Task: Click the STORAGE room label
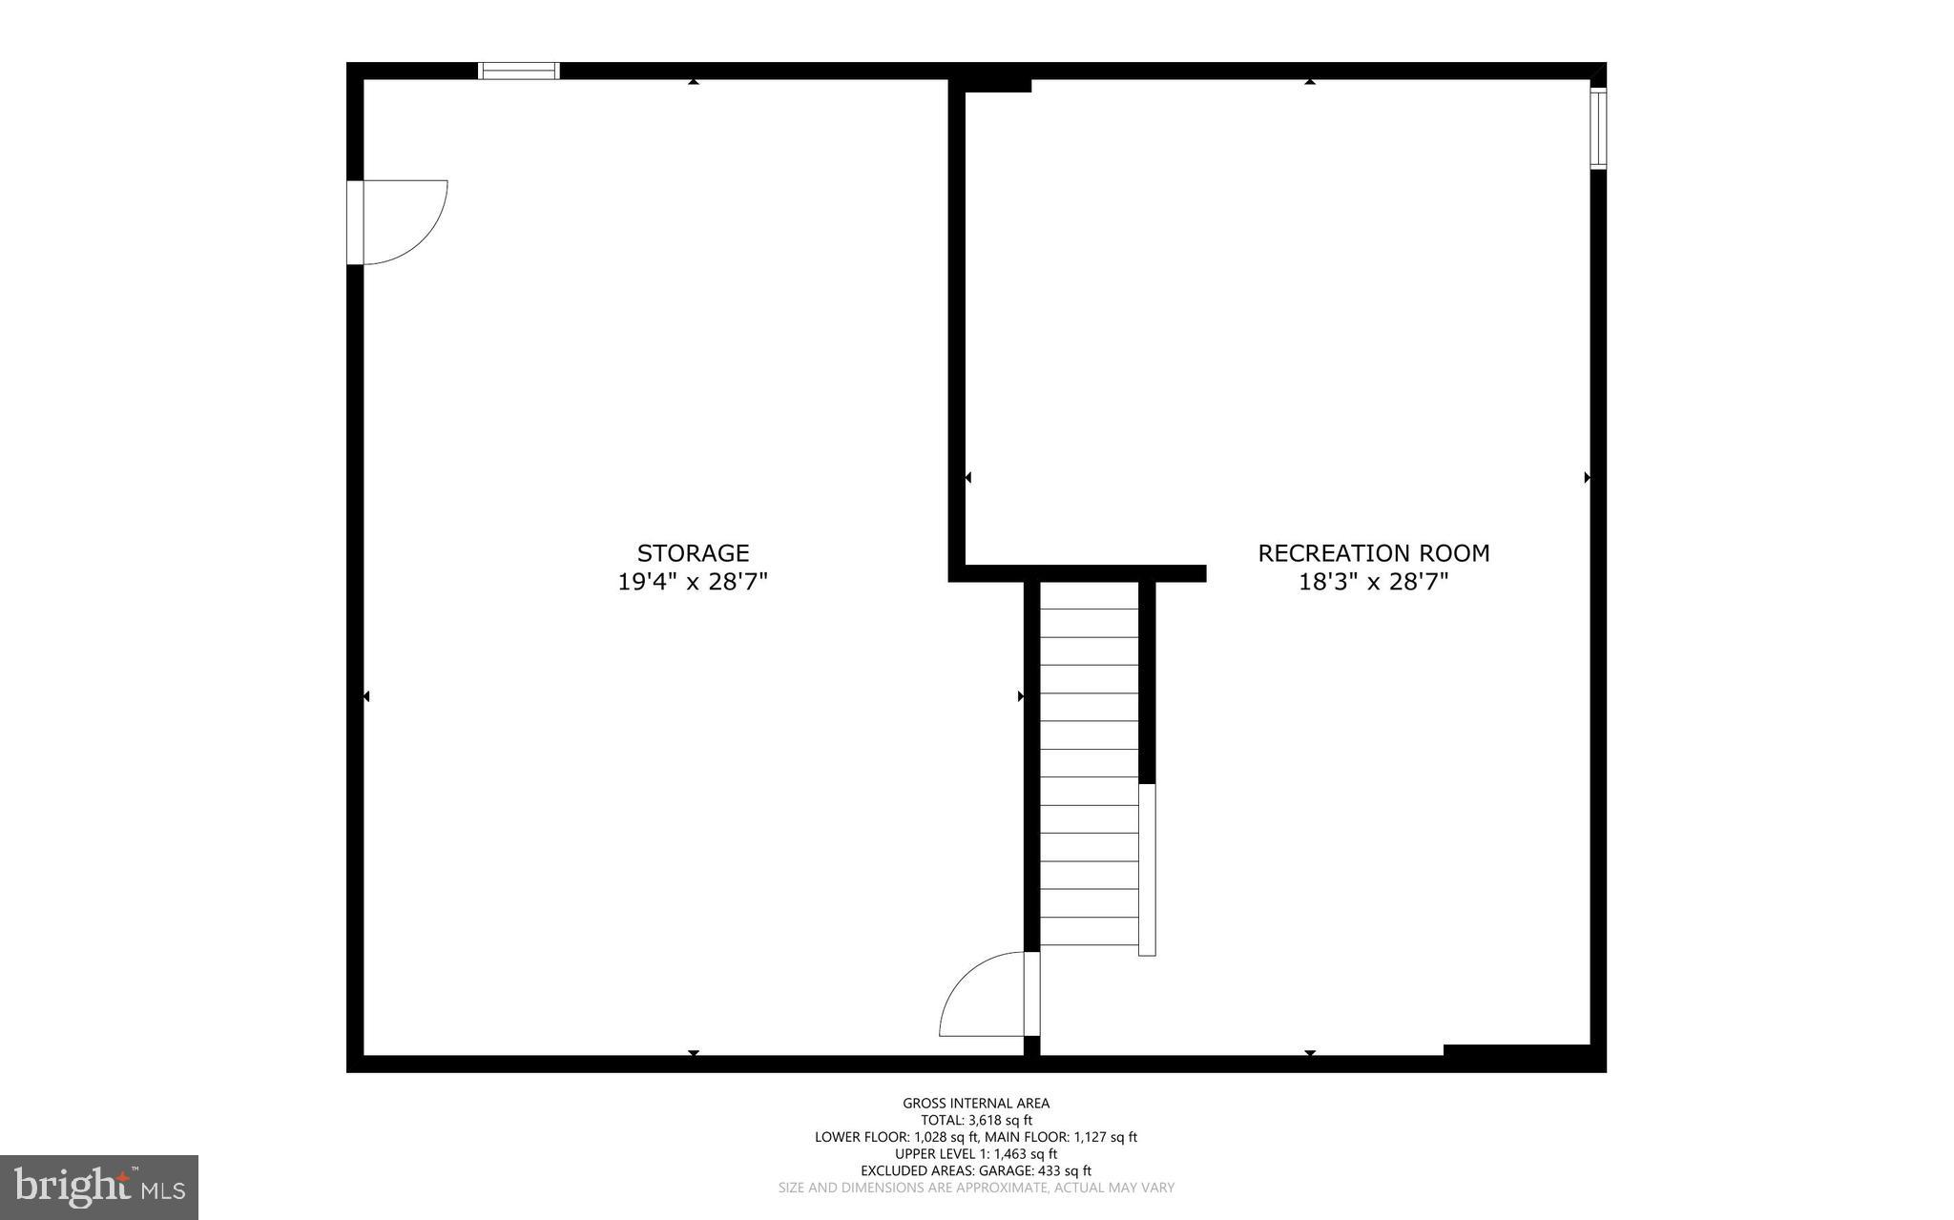693,553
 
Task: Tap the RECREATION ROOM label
1373,553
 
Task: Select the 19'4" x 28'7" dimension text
693,582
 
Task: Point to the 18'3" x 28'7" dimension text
1373,582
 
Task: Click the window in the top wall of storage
518,71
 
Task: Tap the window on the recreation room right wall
1598,129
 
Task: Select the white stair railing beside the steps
1147,869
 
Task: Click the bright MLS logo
99,1188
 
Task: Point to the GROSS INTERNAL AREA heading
976,1104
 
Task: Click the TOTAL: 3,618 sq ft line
976,1121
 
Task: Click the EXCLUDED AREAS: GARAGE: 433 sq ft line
976,1170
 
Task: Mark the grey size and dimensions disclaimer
976,1188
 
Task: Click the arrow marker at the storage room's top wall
694,82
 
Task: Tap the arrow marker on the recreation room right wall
1587,477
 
